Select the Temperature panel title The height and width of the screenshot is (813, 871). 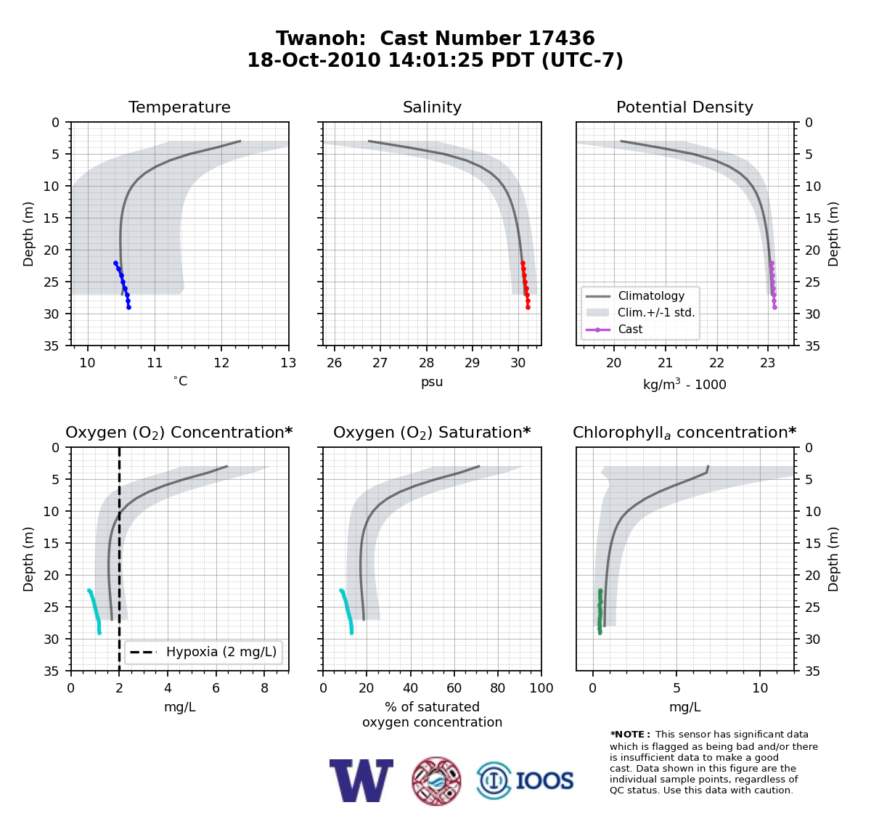point(179,107)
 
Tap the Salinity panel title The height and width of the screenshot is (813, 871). point(432,107)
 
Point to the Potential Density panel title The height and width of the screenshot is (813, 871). point(684,107)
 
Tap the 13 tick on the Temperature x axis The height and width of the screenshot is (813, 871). point(288,363)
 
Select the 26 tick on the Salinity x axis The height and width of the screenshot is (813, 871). point(334,363)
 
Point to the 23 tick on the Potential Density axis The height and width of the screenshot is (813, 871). point(768,363)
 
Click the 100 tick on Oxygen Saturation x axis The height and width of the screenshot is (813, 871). point(541,688)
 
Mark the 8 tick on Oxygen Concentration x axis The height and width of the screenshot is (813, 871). point(264,688)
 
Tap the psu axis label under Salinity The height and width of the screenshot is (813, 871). point(432,382)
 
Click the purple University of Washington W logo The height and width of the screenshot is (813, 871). point(361,781)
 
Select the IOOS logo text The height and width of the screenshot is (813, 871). point(544,781)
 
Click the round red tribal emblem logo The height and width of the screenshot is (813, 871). point(436,781)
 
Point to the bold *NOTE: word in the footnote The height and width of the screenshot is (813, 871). point(627,735)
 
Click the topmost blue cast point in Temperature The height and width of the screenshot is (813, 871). point(116,263)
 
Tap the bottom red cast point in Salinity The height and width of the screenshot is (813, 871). point(528,307)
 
